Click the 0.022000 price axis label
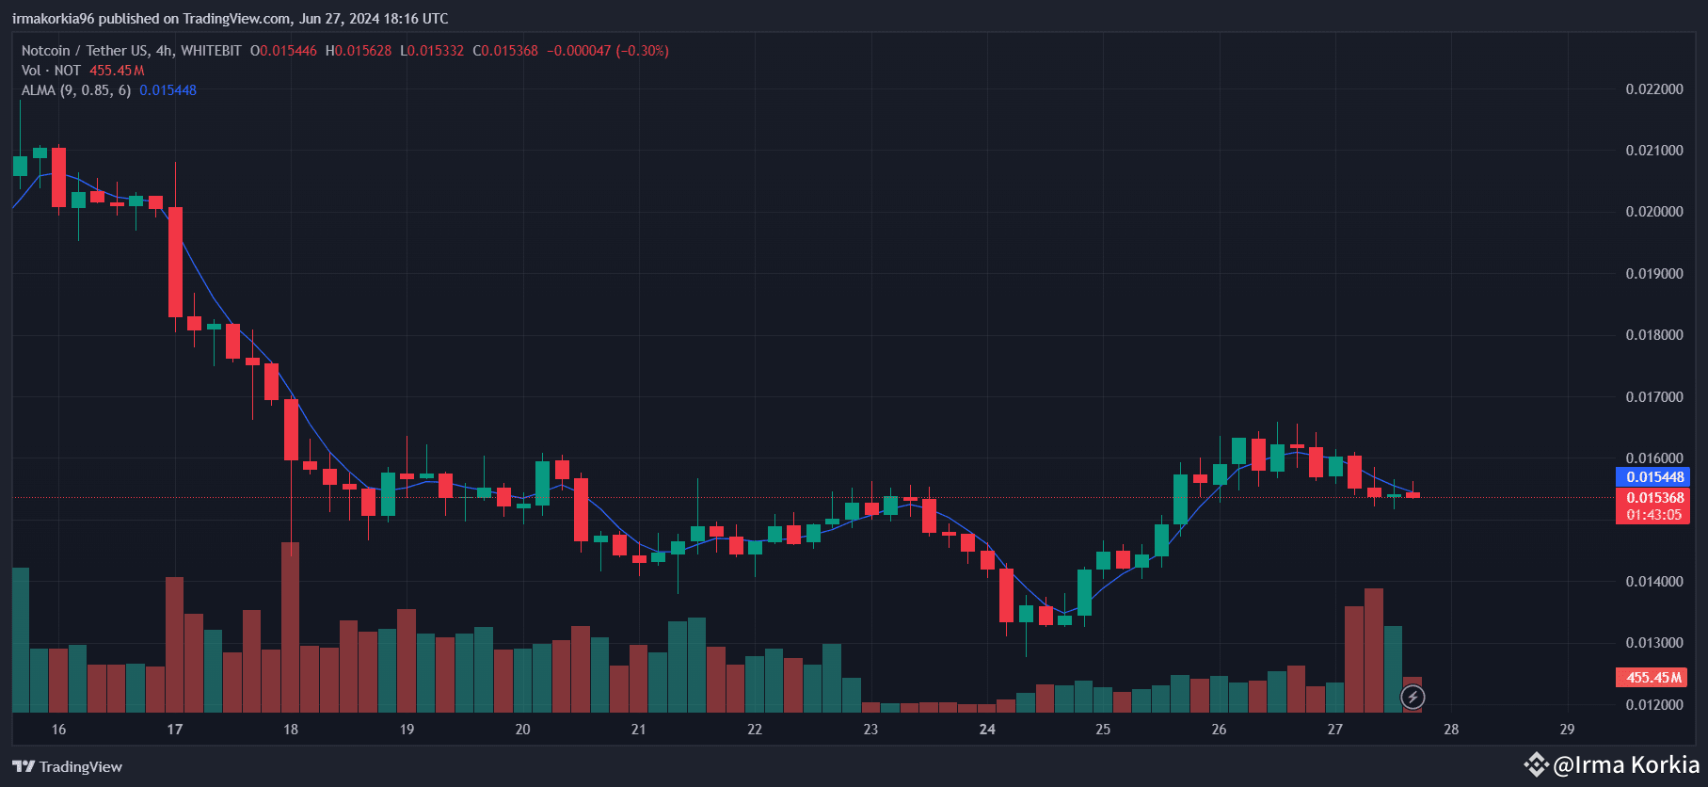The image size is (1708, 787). (x=1654, y=89)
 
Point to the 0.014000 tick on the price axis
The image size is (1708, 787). (x=1654, y=582)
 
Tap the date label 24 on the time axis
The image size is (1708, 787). (x=987, y=730)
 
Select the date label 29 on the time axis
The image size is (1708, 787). (x=1567, y=730)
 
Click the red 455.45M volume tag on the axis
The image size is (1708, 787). (x=1652, y=678)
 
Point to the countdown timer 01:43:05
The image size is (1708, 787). (x=1653, y=515)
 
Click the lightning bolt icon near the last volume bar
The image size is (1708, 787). (x=1413, y=698)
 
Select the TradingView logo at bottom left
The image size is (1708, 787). (x=68, y=766)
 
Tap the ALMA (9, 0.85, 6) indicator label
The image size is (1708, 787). (x=76, y=90)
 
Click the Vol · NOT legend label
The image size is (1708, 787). (x=51, y=71)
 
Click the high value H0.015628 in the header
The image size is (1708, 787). (x=358, y=51)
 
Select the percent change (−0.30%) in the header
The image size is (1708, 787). (x=642, y=51)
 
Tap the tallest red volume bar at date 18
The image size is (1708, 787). (x=291, y=626)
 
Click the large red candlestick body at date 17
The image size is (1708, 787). (x=175, y=262)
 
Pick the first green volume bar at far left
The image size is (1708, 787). (x=20, y=640)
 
